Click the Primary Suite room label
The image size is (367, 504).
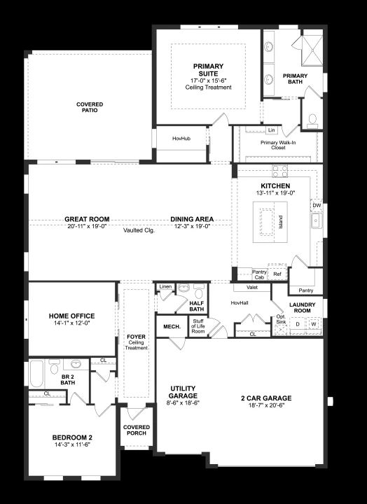[209, 70]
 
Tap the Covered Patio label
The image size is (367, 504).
[90, 107]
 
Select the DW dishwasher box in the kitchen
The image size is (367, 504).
[317, 205]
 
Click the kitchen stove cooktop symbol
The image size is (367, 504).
[280, 171]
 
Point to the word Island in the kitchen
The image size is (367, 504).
[280, 222]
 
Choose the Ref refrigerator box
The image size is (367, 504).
[277, 274]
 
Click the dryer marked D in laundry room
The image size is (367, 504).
[298, 324]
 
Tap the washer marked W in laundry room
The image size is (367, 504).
[314, 324]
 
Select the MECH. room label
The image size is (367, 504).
[172, 327]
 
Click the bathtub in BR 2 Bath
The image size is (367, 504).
[36, 373]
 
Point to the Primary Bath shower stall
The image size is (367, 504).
[312, 50]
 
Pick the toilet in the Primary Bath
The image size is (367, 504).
[312, 120]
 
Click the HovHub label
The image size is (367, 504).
[181, 139]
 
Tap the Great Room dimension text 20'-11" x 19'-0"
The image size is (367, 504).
[87, 226]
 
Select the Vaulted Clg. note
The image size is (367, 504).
[139, 230]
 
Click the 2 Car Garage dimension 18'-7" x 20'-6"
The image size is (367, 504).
[266, 405]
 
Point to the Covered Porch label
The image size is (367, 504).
[137, 430]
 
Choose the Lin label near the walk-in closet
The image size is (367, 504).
[272, 130]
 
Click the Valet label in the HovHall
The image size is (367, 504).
[252, 288]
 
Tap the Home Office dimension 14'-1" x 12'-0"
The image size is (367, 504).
[71, 323]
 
